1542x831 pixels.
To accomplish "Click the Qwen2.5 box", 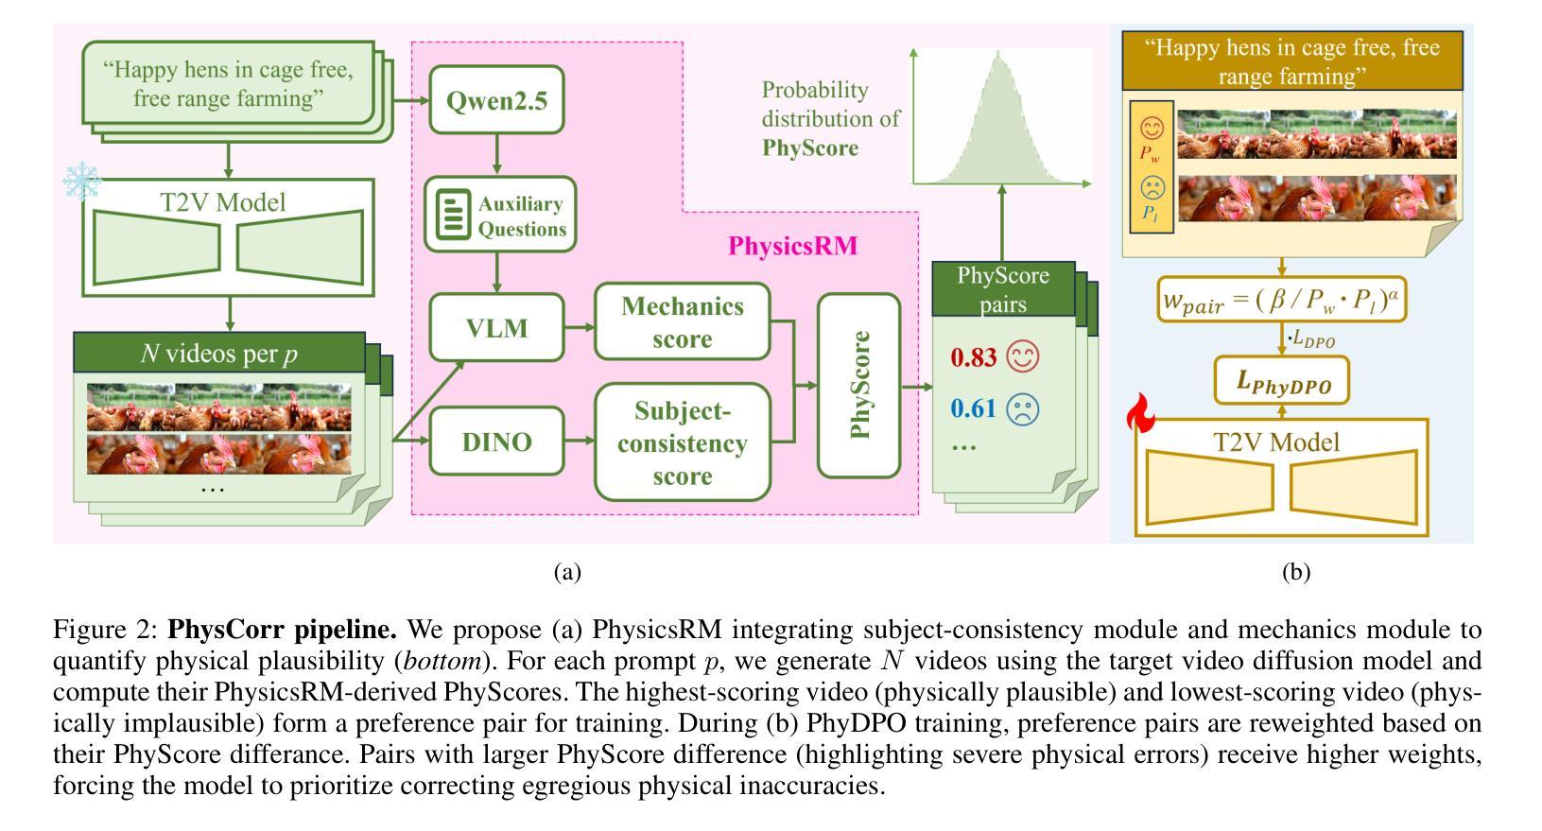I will point(496,100).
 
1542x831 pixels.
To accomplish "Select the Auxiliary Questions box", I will point(499,215).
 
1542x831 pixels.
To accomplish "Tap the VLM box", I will point(496,328).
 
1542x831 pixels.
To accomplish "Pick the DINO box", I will point(496,441).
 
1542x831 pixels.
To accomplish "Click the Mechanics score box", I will point(682,322).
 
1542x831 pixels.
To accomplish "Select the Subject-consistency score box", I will point(682,442).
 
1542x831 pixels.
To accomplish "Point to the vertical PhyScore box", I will point(858,385).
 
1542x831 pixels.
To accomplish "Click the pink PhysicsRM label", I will point(792,247).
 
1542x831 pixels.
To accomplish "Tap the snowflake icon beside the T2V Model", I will point(81,182).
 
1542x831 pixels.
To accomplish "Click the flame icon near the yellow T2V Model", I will point(1141,414).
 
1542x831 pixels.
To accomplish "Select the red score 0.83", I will point(974,357).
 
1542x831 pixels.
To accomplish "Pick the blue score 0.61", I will point(974,408).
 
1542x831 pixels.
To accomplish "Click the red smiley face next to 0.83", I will point(1022,356).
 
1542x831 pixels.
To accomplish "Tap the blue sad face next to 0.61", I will point(1022,408).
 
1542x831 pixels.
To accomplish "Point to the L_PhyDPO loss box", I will point(1282,383).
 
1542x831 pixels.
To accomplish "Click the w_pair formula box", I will point(1282,301).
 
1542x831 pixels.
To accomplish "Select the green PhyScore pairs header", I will point(1003,289).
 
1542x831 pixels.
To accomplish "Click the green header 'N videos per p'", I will point(219,355).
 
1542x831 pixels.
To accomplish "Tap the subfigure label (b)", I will point(1295,572).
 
